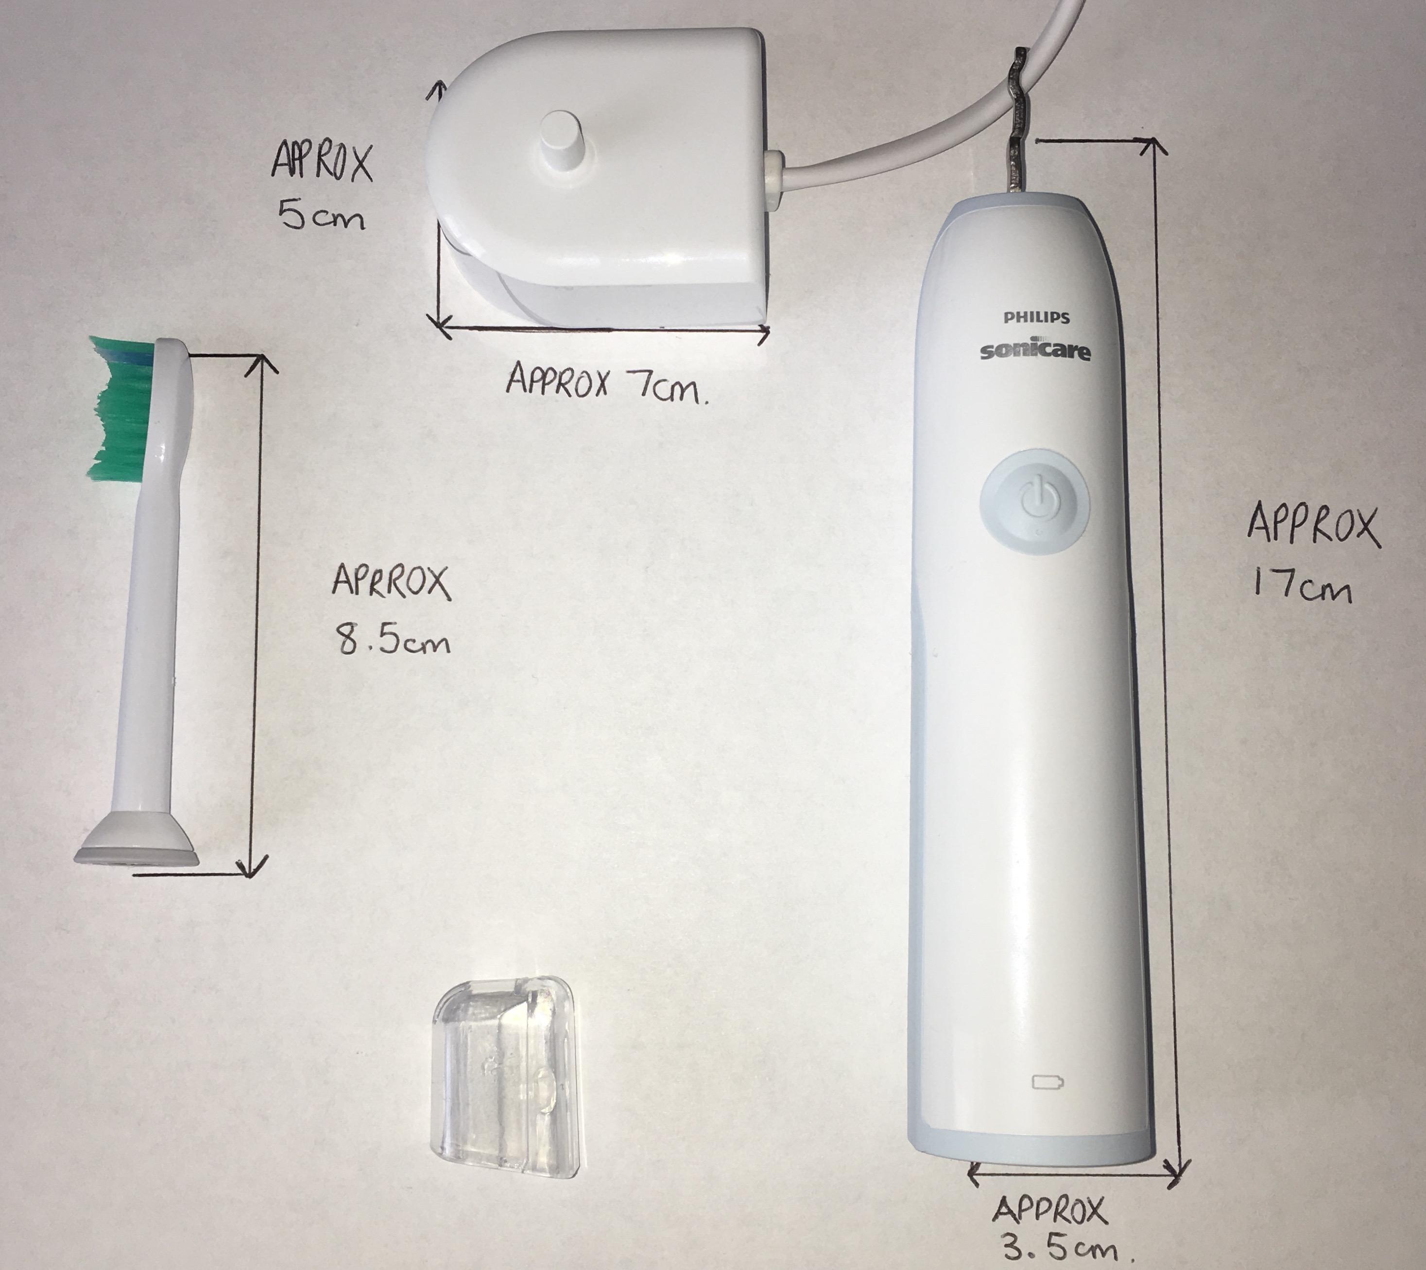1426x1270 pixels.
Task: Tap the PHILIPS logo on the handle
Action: pyautogui.click(x=1036, y=318)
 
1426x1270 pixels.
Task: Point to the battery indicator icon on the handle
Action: pyautogui.click(x=1049, y=1082)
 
